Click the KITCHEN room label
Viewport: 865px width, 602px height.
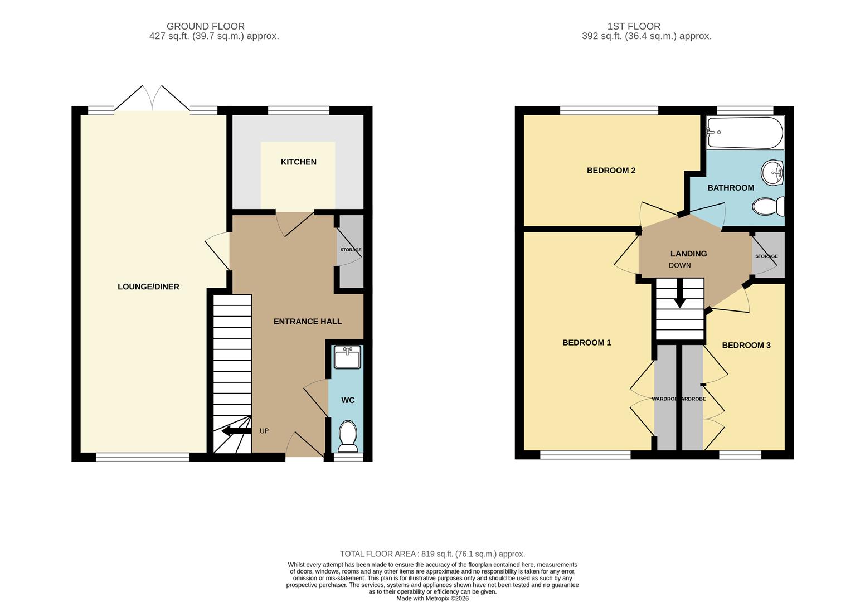click(x=298, y=162)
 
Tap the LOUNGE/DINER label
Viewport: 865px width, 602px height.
click(x=148, y=287)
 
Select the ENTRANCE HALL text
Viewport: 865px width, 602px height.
click(x=308, y=321)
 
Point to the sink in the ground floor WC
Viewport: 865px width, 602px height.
click(x=347, y=357)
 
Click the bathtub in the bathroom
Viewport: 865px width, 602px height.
click(x=744, y=133)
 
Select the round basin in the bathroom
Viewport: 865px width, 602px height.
click(x=773, y=172)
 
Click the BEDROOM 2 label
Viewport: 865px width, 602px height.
click(x=611, y=171)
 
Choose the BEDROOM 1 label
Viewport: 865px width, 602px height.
click(x=586, y=343)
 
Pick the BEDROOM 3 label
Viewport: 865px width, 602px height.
click(x=746, y=345)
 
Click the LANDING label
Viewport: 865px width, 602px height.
click(x=688, y=254)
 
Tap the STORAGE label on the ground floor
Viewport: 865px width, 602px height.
click(x=351, y=250)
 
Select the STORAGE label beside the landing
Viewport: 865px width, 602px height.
click(x=766, y=256)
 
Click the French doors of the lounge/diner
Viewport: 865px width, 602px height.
click(x=152, y=99)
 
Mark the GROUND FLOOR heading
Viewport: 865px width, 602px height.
click(x=205, y=26)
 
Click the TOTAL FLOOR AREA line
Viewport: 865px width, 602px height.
click(x=432, y=554)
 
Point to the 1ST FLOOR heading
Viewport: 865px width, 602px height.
click(x=634, y=26)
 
